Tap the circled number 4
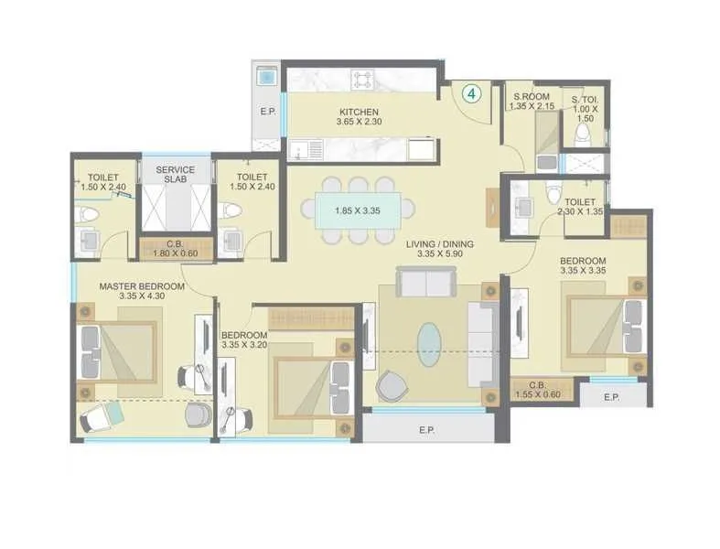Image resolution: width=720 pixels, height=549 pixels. (x=471, y=92)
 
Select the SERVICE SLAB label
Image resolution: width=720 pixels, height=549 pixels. (x=175, y=174)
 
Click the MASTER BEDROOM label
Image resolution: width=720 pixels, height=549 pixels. (x=142, y=286)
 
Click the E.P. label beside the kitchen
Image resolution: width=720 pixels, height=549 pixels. (x=267, y=112)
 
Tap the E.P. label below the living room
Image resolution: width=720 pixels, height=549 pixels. (x=425, y=429)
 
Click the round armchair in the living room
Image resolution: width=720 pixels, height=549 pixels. (x=394, y=385)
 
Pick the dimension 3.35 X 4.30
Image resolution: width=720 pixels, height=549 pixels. (x=142, y=296)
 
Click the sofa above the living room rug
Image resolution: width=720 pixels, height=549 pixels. (x=417, y=284)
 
